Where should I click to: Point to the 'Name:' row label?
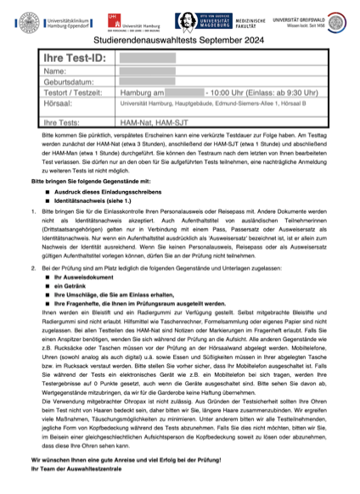point(54,71)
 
